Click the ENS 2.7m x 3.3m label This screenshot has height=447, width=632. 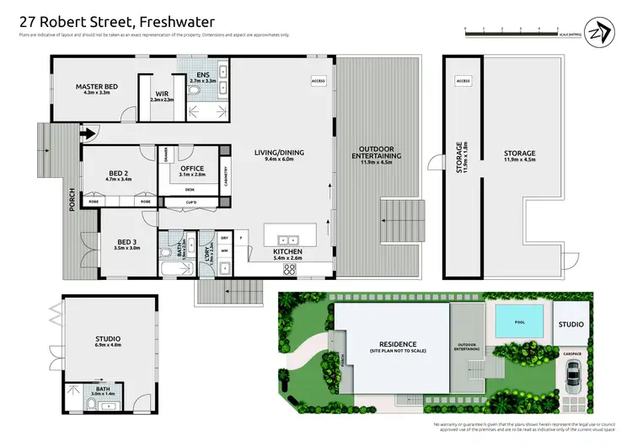(x=204, y=78)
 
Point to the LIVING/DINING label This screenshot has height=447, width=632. (x=279, y=155)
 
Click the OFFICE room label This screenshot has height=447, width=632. (x=193, y=171)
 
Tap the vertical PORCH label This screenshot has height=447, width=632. (x=73, y=199)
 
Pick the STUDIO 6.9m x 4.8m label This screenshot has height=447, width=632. (x=103, y=342)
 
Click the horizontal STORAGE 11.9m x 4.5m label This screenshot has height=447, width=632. (x=519, y=156)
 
